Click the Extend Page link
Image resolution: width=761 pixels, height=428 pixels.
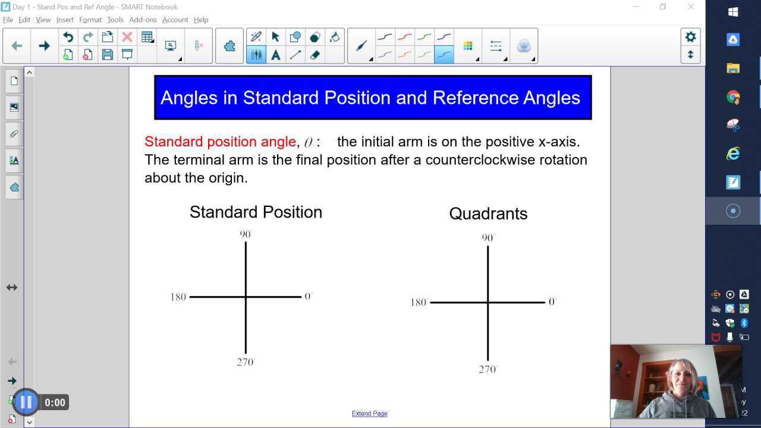pyautogui.click(x=369, y=414)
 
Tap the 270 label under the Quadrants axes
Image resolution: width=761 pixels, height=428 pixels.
pyautogui.click(x=487, y=369)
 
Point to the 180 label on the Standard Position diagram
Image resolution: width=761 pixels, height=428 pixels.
pyautogui.click(x=178, y=297)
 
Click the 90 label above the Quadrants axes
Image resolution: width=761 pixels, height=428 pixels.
pyautogui.click(x=488, y=238)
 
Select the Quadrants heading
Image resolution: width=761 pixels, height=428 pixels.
pyautogui.click(x=488, y=213)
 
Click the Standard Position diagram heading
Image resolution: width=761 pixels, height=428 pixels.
pyautogui.click(x=256, y=212)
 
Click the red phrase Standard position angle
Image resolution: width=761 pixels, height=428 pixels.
pyautogui.click(x=220, y=141)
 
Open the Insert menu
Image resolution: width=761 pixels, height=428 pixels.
pyautogui.click(x=65, y=20)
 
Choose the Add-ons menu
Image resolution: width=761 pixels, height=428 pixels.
pyautogui.click(x=143, y=20)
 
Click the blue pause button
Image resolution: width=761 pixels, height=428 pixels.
pyautogui.click(x=26, y=402)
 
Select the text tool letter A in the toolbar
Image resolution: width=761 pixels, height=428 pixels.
pyautogui.click(x=275, y=55)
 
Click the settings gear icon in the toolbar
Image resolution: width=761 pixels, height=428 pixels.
pyautogui.click(x=690, y=37)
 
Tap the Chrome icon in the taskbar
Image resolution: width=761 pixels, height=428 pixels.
pyautogui.click(x=733, y=97)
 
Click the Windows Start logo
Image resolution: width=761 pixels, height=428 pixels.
pyautogui.click(x=733, y=12)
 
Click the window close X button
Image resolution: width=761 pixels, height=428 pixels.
pyautogui.click(x=691, y=7)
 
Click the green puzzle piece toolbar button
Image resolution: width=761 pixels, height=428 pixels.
pyautogui.click(x=229, y=46)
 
